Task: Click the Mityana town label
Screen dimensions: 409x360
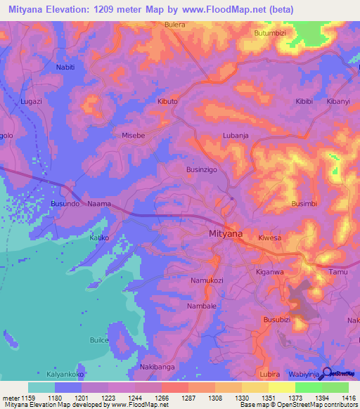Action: [226, 235]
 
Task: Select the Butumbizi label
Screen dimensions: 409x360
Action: [271, 33]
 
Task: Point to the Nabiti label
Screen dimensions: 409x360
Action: [65, 67]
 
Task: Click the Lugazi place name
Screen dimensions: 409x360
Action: [32, 102]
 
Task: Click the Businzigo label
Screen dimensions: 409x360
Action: [203, 169]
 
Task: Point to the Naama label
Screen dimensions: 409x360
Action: [98, 203]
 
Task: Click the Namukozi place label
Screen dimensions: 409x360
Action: [207, 280]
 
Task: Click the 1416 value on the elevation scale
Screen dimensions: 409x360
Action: [348, 397]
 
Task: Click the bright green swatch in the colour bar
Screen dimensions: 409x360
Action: [308, 387]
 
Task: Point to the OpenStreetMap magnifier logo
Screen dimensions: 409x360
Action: [328, 372]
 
